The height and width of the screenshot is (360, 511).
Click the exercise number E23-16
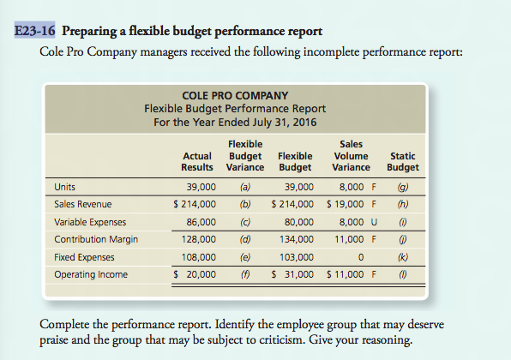[x=35, y=33]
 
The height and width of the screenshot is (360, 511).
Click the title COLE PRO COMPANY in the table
[x=235, y=95]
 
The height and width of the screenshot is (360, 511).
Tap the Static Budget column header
[x=403, y=161]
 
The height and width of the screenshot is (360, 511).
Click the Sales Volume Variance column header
[x=351, y=156]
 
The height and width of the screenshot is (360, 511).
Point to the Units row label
[x=63, y=186]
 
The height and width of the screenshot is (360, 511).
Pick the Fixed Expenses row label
[x=85, y=257]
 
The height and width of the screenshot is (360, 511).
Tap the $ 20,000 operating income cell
[x=195, y=274]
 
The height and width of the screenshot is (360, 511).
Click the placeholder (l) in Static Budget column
[x=403, y=274]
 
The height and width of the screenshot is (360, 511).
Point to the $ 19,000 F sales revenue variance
[x=351, y=204]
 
